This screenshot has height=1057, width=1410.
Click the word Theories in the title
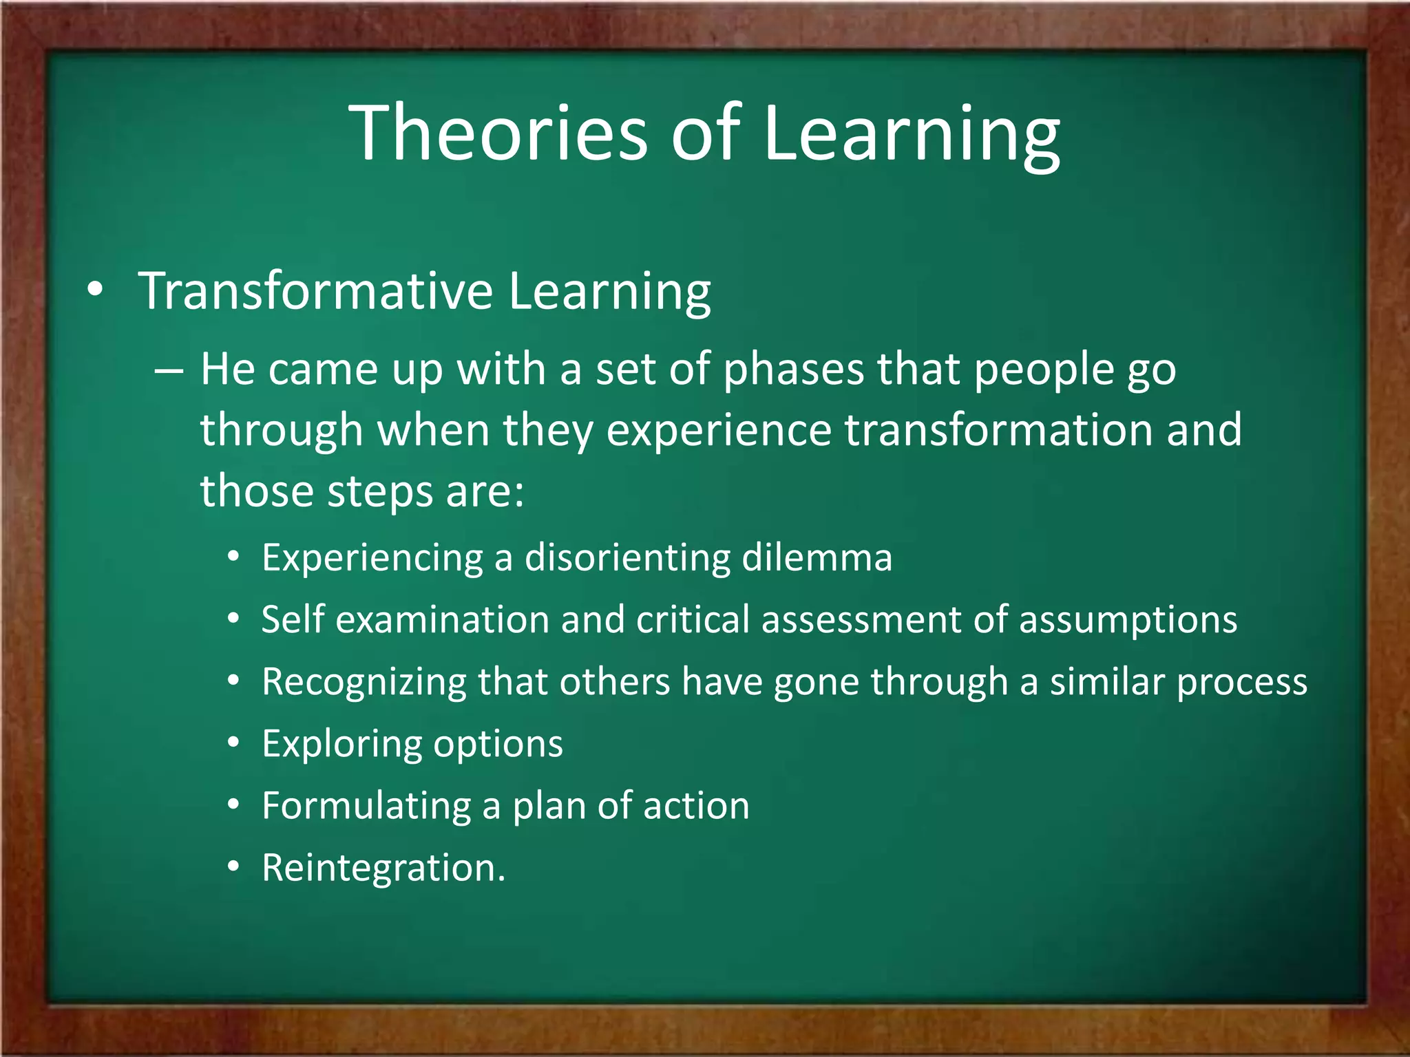(500, 132)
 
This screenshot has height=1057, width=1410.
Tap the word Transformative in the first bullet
(315, 291)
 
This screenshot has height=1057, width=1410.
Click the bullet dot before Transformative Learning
(96, 290)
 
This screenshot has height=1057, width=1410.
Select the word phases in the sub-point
(794, 370)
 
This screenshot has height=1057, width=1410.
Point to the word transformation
(999, 430)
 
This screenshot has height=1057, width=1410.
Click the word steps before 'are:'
(379, 492)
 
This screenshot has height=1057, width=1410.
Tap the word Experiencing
(372, 557)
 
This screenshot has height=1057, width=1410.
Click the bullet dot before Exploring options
(234, 743)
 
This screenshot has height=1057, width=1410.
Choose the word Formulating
(366, 807)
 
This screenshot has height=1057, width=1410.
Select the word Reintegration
(383, 868)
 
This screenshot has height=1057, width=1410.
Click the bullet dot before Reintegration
(234, 867)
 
